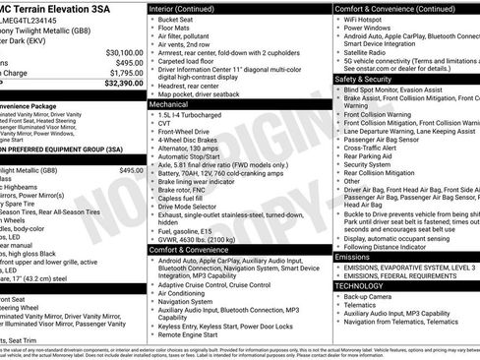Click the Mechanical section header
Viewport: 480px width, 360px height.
(171, 102)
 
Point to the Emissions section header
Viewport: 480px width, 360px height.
(352, 256)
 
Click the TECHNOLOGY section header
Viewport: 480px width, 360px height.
(359, 284)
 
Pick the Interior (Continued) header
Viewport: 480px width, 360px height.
(189, 6)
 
